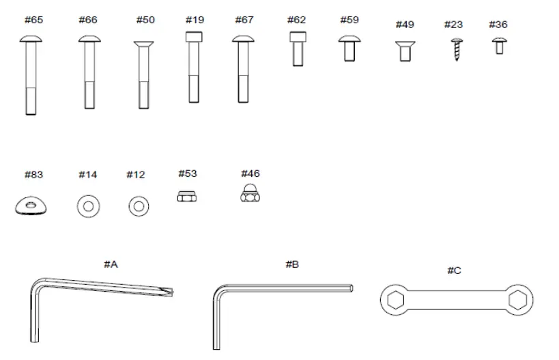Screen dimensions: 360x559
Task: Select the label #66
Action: click(87, 20)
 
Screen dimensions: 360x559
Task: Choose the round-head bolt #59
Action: click(349, 47)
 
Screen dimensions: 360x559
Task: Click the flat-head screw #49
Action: click(405, 51)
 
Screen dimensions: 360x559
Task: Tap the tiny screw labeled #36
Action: click(499, 46)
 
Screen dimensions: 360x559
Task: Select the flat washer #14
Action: click(87, 205)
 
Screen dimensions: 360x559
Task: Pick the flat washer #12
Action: click(137, 205)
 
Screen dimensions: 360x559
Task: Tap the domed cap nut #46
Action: click(250, 195)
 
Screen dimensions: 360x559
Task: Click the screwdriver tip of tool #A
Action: click(171, 292)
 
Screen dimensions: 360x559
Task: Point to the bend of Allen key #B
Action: click(220, 293)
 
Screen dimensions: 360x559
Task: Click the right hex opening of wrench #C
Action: click(518, 299)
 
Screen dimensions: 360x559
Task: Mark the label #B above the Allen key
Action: click(291, 264)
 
